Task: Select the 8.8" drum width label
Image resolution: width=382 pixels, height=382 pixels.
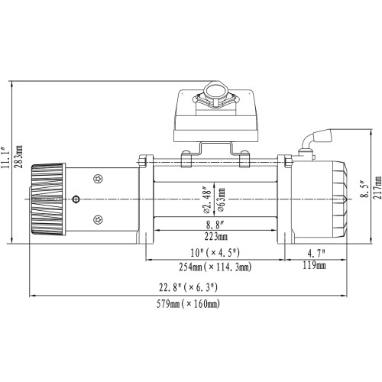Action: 215,225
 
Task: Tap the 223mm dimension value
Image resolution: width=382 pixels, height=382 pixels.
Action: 215,237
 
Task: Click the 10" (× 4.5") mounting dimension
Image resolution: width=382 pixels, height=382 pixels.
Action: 215,253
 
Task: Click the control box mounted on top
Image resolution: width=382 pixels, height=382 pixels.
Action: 215,115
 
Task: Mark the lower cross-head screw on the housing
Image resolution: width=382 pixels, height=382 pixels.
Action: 98,220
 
